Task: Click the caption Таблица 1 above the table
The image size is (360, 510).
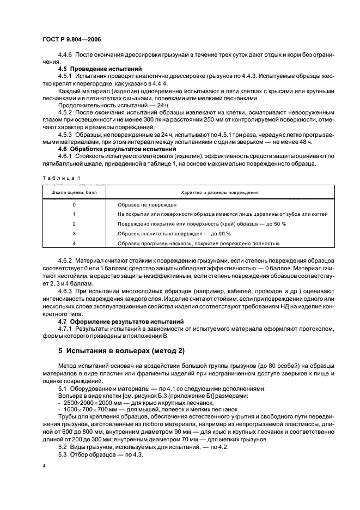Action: tap(61, 178)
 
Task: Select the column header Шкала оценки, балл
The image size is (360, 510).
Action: tap(74, 192)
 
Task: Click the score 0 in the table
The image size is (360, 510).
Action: tap(74, 205)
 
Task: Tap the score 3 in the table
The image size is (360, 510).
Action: tap(74, 233)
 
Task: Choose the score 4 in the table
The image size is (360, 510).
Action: tap(74, 243)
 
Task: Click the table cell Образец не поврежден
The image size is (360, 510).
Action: tap(147, 205)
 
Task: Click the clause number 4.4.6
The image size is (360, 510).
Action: tap(66, 56)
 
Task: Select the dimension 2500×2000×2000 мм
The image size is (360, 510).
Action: tap(85, 402)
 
